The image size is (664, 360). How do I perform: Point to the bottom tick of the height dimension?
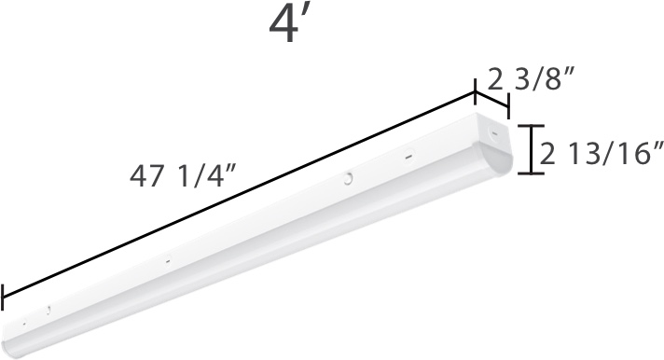pyautogui.click(x=532, y=173)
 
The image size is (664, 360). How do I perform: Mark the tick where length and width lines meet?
pyautogui.click(x=476, y=91)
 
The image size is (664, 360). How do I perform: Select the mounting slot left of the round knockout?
pyautogui.click(x=167, y=261)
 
